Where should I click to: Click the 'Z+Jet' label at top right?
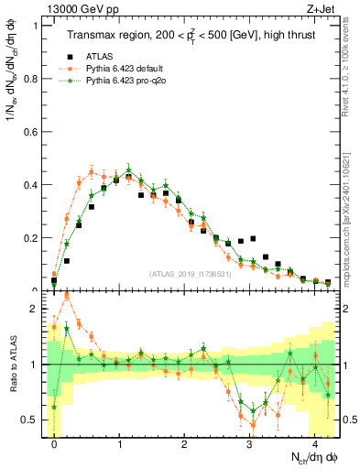pos(322,8)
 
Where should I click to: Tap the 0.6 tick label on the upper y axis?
pos(32,132)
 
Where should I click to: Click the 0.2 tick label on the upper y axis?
pos(32,238)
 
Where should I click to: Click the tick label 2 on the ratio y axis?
pos(36,309)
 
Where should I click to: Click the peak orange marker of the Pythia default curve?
pos(92,170)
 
